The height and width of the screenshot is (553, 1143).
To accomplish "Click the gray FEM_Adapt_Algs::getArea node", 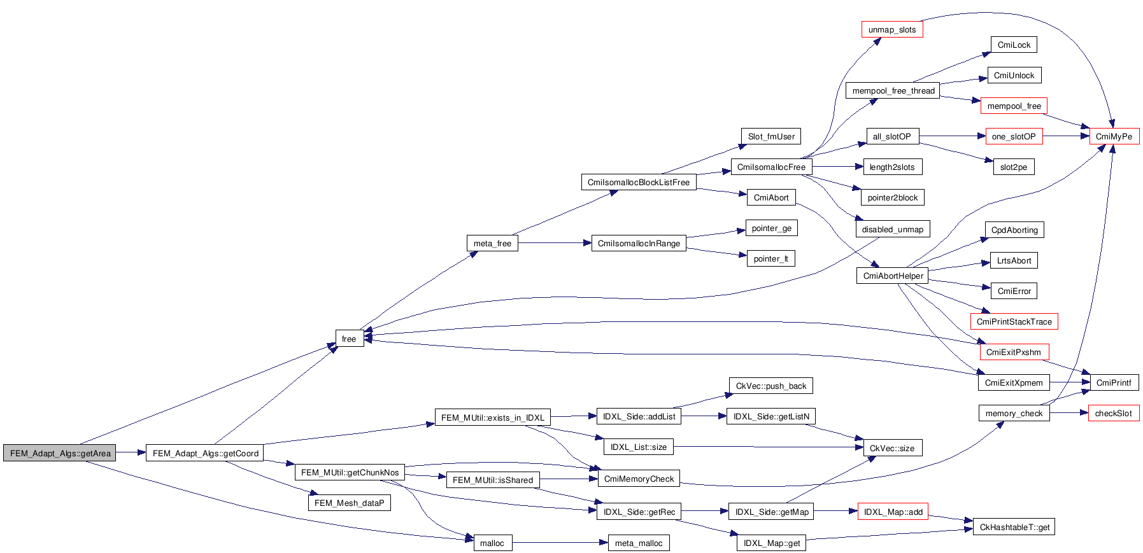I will pyautogui.click(x=60, y=453).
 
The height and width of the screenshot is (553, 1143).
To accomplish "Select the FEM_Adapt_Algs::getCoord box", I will pyautogui.click(x=205, y=453).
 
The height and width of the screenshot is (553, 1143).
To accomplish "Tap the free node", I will pyautogui.click(x=349, y=339).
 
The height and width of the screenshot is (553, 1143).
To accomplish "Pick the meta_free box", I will pyautogui.click(x=492, y=243).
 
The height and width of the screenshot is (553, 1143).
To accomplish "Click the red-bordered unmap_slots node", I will pyautogui.click(x=891, y=29).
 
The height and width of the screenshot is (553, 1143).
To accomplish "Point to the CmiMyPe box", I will pyautogui.click(x=1114, y=136).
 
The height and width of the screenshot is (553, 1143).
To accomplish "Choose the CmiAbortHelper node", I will pyautogui.click(x=893, y=276).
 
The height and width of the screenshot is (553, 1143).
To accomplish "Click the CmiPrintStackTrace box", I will pyautogui.click(x=1014, y=321).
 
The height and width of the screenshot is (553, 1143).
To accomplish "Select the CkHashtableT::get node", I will pyautogui.click(x=1014, y=527).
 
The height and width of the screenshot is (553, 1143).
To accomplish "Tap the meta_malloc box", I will pyautogui.click(x=638, y=543).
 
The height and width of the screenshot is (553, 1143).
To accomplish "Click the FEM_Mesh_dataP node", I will pyautogui.click(x=349, y=503).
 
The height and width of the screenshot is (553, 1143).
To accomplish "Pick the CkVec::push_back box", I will pyautogui.click(x=770, y=386).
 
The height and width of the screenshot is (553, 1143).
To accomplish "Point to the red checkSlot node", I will pyautogui.click(x=1113, y=413).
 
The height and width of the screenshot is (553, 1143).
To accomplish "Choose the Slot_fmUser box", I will pyautogui.click(x=770, y=136).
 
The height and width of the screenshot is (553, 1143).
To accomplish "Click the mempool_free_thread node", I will pyautogui.click(x=893, y=90).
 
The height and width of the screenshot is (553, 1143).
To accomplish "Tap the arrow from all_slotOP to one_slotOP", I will pyautogui.click(x=952, y=136).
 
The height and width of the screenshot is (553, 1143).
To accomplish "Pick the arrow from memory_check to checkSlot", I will pyautogui.click(x=1068, y=413).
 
